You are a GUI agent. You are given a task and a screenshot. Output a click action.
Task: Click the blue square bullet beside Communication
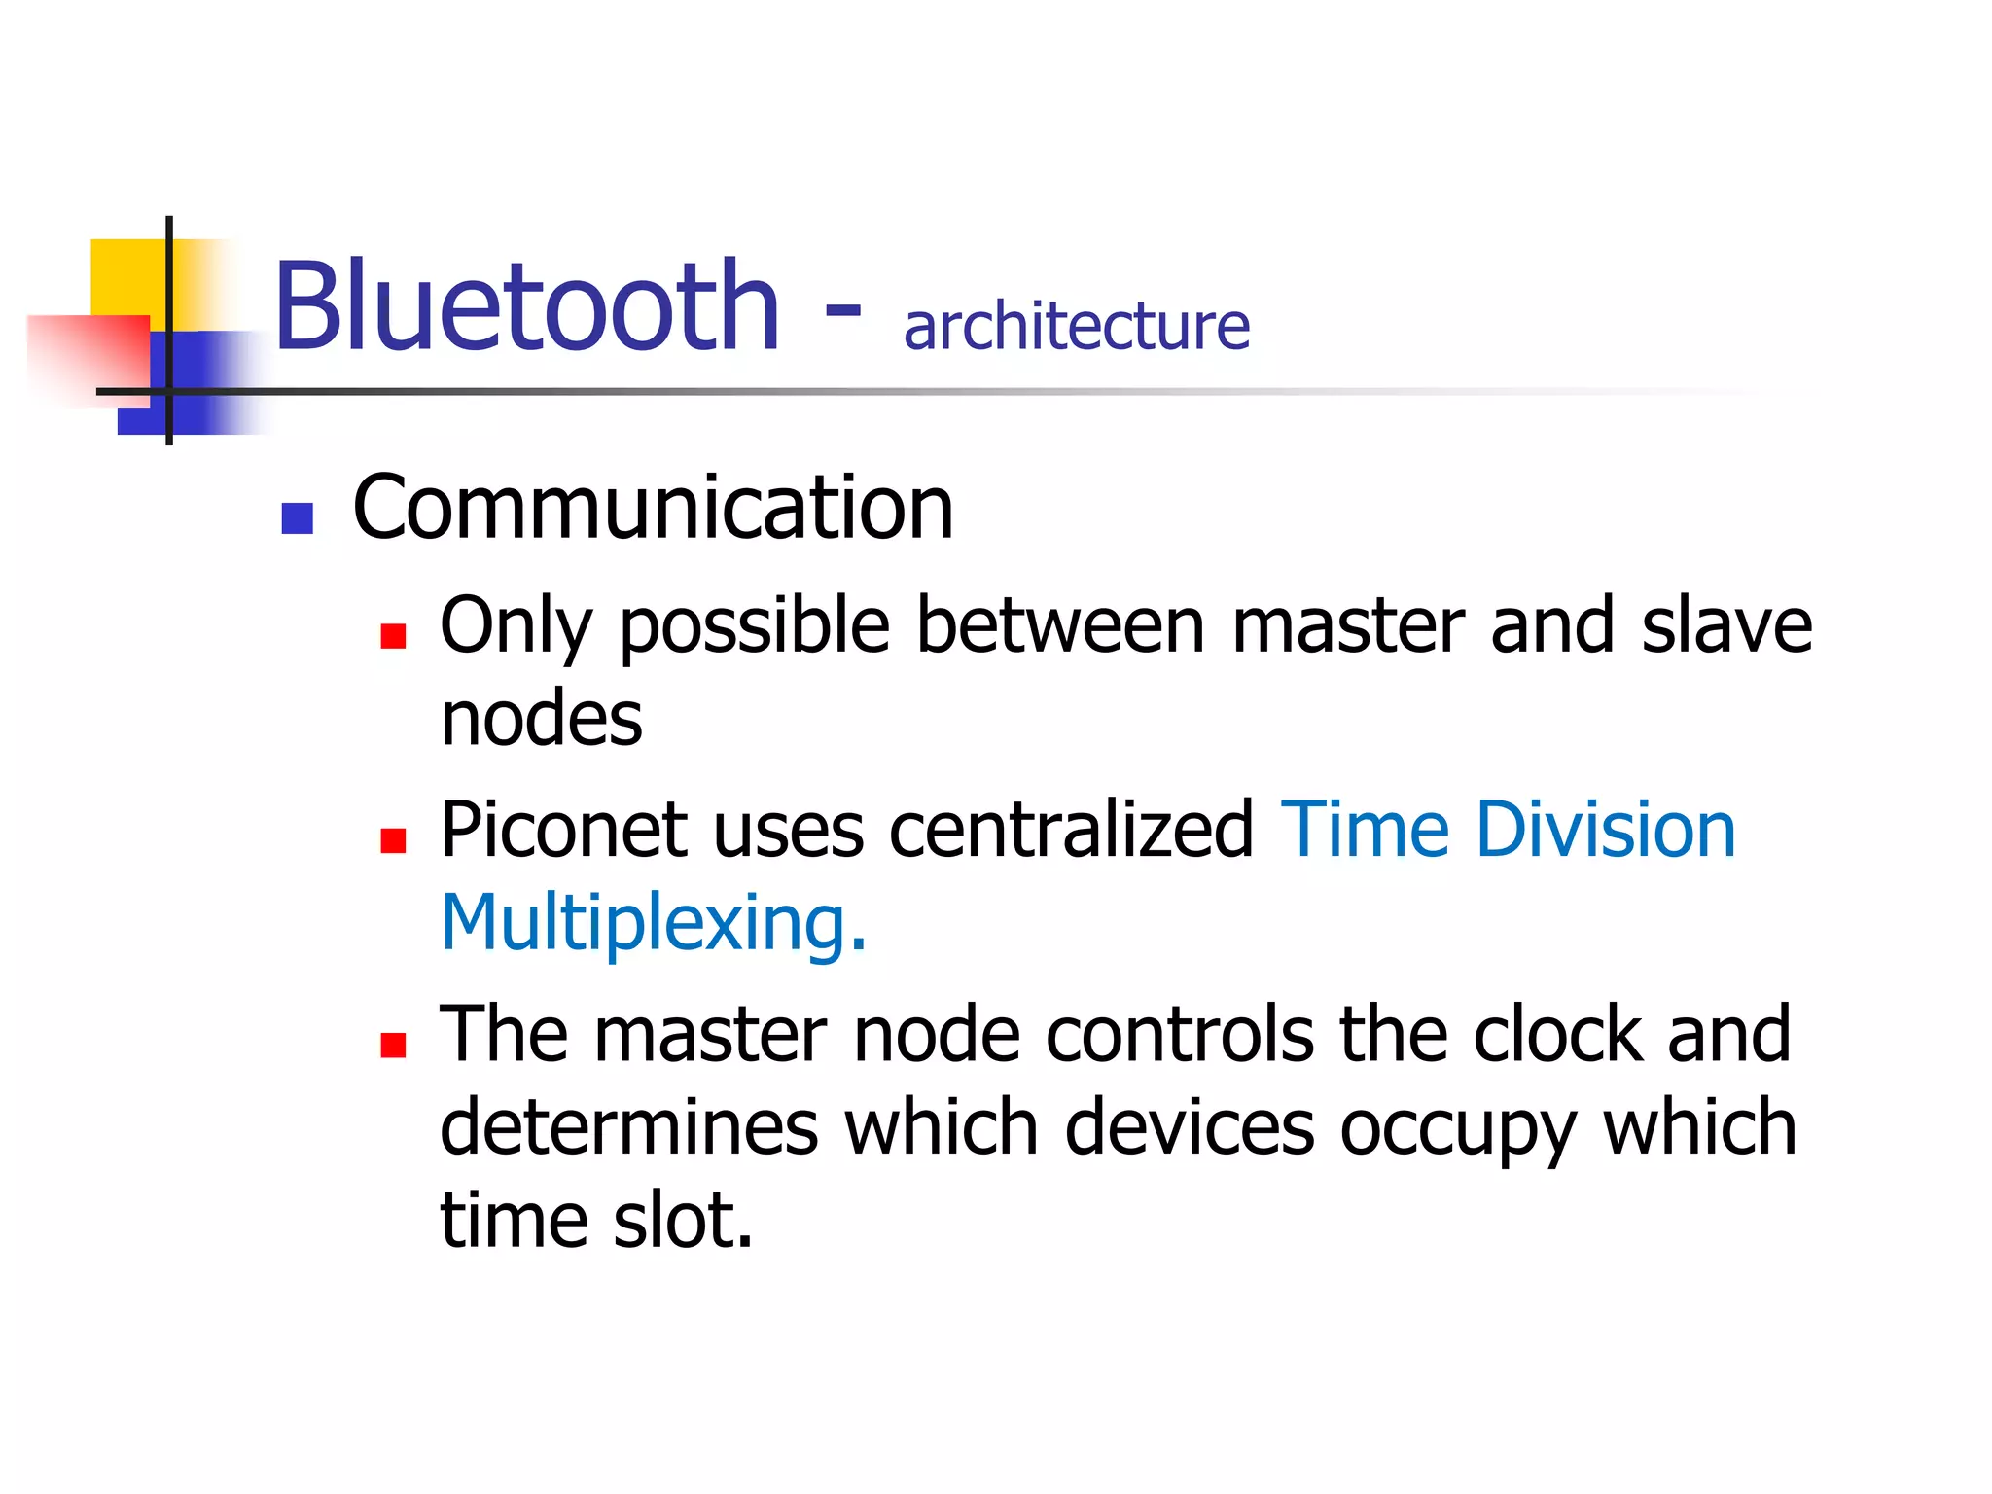click(x=297, y=517)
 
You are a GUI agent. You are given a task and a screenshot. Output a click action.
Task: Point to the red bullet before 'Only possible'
click(x=393, y=636)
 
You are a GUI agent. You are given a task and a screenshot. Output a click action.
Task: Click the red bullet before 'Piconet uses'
click(x=393, y=840)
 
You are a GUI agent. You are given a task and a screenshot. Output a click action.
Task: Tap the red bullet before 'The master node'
click(x=393, y=1045)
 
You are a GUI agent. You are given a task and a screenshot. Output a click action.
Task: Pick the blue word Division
click(x=1605, y=831)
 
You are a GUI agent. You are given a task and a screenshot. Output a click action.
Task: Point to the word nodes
click(x=542, y=720)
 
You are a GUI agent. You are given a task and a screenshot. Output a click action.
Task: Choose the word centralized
click(x=1071, y=831)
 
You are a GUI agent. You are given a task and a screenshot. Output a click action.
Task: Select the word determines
click(x=629, y=1128)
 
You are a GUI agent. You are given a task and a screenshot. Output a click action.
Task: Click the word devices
click(x=1190, y=1128)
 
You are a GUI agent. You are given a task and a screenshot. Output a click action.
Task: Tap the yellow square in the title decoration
click(x=126, y=277)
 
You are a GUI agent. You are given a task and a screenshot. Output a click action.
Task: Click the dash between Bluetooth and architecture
click(x=842, y=311)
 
